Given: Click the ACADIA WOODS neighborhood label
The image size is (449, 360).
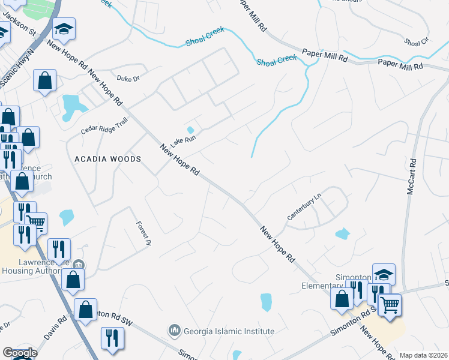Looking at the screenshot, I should click(107, 159).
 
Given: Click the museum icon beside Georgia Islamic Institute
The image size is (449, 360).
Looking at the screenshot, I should click(174, 331).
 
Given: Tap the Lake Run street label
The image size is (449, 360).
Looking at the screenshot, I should click(183, 142).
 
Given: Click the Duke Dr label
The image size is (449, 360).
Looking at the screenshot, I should click(128, 78).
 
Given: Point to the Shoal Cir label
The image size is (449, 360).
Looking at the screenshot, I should click(416, 42).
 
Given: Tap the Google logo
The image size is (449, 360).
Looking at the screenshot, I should click(20, 353).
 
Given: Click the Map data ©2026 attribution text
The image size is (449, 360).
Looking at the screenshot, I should click(424, 355).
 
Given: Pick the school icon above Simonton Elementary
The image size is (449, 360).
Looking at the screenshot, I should click(384, 275).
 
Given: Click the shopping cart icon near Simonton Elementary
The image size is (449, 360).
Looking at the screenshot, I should click(390, 305).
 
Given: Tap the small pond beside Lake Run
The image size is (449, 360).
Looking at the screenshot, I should click(191, 130).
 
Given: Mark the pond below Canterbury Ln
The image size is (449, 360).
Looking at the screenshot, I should click(342, 233).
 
